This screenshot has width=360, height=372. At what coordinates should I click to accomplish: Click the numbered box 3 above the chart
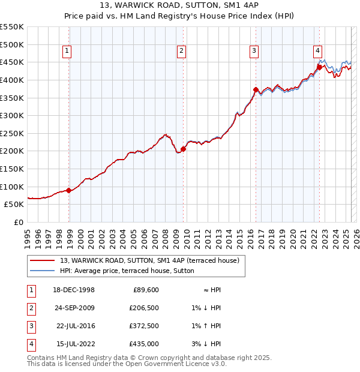pos(254,52)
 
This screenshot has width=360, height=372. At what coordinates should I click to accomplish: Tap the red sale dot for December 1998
pos(69,190)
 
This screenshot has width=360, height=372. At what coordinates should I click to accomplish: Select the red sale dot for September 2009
pos(183,149)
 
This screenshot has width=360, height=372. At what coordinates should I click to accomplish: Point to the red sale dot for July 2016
pos(256,90)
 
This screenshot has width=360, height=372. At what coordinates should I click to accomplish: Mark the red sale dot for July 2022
pos(319,67)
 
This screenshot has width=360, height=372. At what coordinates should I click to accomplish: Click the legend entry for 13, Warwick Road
pos(149,260)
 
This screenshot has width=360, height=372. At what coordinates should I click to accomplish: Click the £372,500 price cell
pos(144,326)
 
